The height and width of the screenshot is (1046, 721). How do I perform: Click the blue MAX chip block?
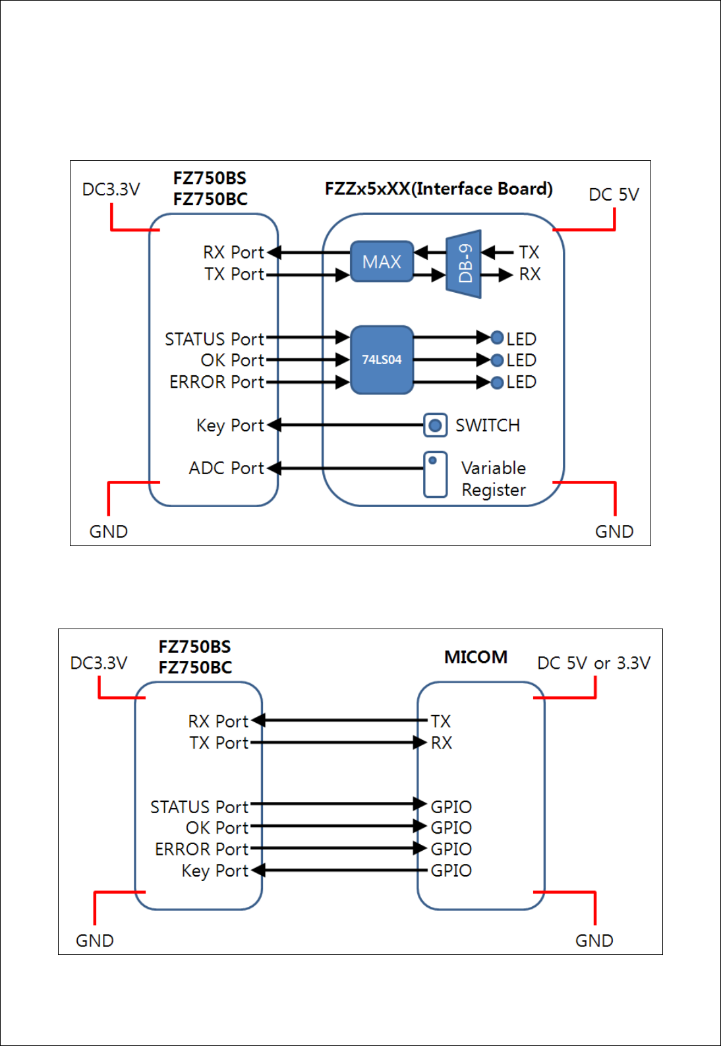click(382, 261)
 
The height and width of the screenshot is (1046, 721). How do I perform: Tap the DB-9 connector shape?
click(463, 264)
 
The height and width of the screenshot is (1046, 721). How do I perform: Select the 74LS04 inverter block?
click(382, 360)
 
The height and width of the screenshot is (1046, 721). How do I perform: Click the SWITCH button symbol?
click(436, 425)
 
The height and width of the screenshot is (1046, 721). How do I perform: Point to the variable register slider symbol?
click(436, 474)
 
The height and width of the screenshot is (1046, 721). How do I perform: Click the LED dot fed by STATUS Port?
click(497, 337)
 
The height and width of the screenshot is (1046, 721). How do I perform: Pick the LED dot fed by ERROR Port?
click(497, 383)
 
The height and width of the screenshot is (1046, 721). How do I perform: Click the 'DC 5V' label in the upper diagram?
click(614, 195)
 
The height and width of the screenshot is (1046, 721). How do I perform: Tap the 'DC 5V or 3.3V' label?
click(594, 663)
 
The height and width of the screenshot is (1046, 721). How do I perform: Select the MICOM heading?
click(476, 657)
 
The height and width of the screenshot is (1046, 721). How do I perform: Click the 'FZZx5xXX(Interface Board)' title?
click(439, 189)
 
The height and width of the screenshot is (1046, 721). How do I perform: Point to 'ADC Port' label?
click(226, 468)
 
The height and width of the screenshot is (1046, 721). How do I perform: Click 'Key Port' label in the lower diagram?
click(215, 871)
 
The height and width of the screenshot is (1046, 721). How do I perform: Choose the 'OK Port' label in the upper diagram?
click(233, 360)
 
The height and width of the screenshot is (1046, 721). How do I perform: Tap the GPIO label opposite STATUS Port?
click(451, 807)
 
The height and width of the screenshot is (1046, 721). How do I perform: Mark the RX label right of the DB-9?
click(530, 274)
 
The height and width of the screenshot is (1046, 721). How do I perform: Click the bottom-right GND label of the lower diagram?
click(594, 940)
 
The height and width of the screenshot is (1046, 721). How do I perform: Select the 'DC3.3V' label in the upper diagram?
click(111, 189)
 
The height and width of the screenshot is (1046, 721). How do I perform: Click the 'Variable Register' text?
click(494, 479)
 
